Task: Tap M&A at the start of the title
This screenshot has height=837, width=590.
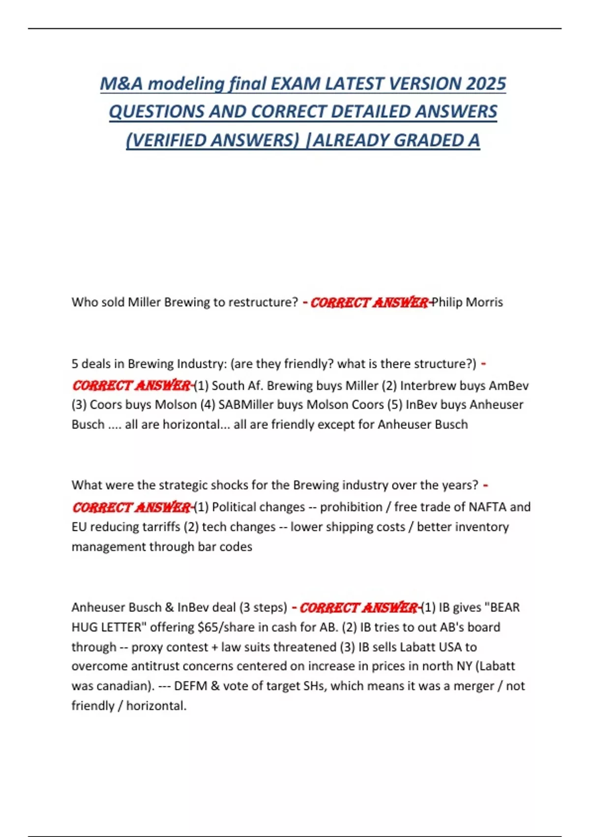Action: (x=121, y=84)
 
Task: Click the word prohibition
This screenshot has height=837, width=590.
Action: (x=351, y=507)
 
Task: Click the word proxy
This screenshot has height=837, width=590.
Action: (x=147, y=647)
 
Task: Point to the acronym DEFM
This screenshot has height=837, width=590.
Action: (x=190, y=686)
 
